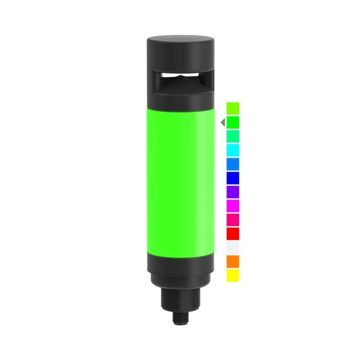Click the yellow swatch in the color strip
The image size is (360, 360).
233,276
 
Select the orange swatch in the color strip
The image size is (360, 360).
233,262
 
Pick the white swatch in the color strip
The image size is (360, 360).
233,247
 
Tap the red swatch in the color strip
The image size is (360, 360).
233,233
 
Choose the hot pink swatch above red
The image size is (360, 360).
233,219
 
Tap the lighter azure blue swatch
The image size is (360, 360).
233,164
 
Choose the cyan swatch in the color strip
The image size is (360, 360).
233,150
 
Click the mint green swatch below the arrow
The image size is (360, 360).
233,136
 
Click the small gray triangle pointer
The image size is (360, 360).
223,122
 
